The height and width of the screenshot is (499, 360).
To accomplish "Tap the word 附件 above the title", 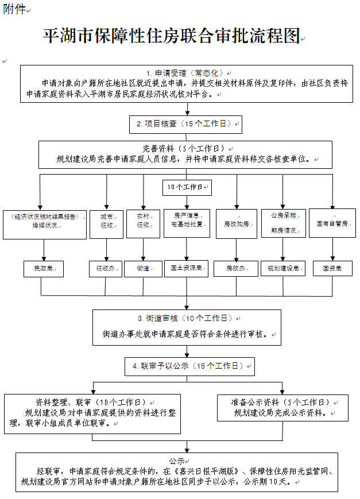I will tap(14, 10).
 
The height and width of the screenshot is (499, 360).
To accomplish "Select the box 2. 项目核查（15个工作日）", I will tap(185, 123).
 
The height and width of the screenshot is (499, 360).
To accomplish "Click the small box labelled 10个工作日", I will tap(186, 187).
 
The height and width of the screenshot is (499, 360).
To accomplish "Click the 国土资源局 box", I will tap(186, 268).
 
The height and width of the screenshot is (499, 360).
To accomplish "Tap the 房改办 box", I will tap(237, 268).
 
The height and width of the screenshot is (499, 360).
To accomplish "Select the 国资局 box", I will tap(333, 268).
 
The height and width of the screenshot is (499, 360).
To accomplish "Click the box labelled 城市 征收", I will tap(107, 223).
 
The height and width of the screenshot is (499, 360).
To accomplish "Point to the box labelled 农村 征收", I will tap(143, 223).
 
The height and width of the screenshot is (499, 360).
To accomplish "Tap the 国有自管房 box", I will tap(332, 223).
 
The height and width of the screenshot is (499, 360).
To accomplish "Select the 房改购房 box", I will tap(237, 223).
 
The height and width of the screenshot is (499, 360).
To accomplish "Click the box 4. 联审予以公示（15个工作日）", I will tap(189, 366).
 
